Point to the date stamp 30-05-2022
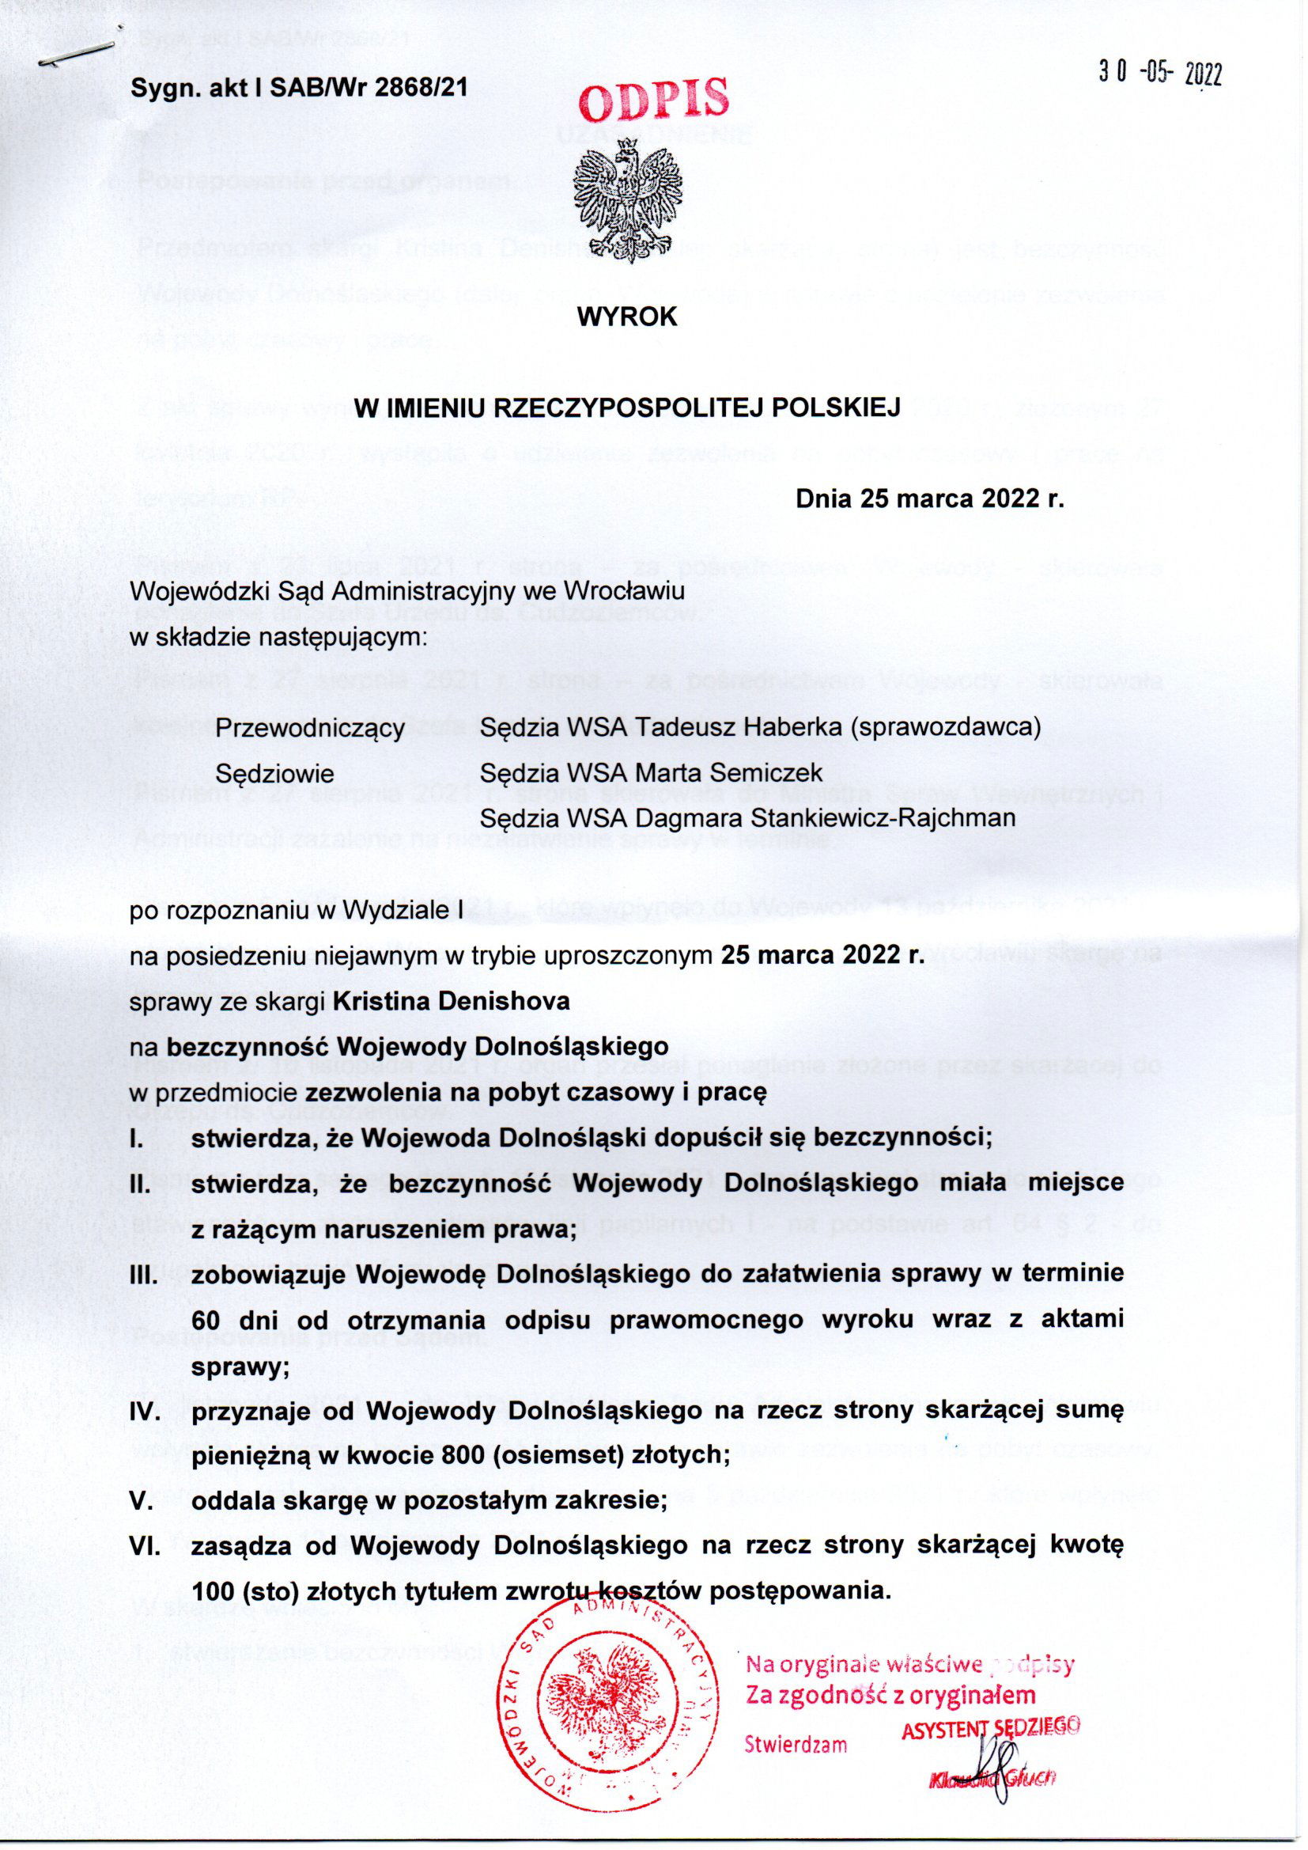pyautogui.click(x=1161, y=74)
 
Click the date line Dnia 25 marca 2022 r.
pyautogui.click(x=930, y=499)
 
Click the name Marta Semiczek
pyautogui.click(x=729, y=774)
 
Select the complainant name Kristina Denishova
pyautogui.click(x=451, y=1002)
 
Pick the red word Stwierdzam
pyautogui.click(x=796, y=1746)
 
